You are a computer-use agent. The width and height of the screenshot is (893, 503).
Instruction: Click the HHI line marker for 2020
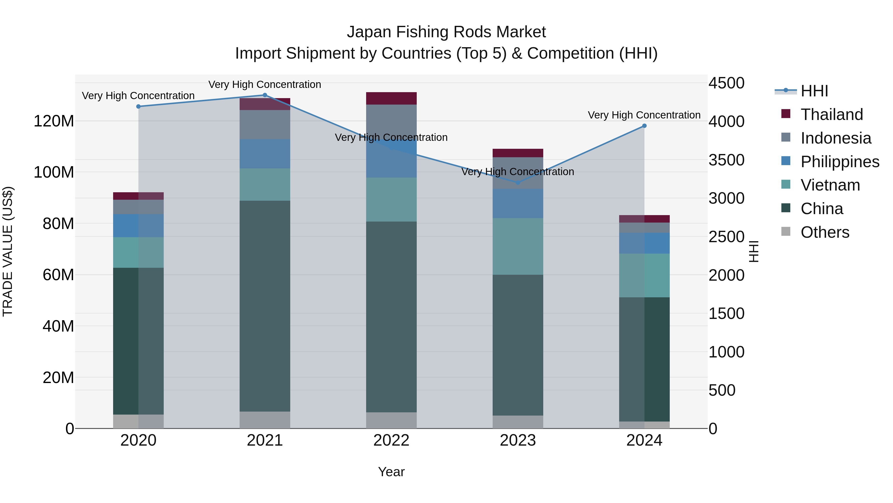click(138, 107)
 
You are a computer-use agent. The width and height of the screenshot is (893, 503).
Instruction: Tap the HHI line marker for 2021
click(265, 95)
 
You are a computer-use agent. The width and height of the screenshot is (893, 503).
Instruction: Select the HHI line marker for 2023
click(518, 183)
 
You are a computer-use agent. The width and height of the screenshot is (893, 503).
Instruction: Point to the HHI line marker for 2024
click(644, 126)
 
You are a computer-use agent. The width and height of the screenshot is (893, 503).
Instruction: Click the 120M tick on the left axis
click(54, 121)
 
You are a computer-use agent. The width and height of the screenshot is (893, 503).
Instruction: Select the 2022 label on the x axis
click(391, 440)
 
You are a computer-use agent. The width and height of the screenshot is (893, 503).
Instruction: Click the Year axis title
click(391, 472)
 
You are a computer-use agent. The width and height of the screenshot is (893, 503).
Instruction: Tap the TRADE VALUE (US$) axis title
click(8, 251)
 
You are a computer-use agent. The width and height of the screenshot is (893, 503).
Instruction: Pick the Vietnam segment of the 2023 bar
click(518, 246)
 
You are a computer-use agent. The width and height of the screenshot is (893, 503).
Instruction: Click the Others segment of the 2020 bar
click(138, 422)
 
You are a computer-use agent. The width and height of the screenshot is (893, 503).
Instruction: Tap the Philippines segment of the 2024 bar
click(644, 243)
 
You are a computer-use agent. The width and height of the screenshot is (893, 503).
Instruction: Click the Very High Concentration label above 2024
click(644, 115)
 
